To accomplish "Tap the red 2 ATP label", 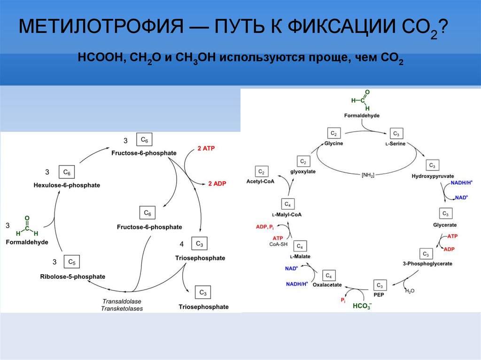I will click(206, 148).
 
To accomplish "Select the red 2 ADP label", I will click(217, 184).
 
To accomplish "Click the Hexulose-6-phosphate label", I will click(67, 185).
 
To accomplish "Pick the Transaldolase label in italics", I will click(122, 301).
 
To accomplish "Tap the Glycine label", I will click(334, 144).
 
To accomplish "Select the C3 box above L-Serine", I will click(396, 133).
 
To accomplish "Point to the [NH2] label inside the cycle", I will click(368, 175).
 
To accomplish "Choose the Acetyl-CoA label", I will click(261, 181).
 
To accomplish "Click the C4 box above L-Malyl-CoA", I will click(287, 204).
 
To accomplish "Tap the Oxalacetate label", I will click(327, 285).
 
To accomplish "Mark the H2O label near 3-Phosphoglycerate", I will click(410, 291).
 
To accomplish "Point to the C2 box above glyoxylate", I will click(303, 162).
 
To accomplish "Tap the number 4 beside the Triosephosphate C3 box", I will click(181, 245).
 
